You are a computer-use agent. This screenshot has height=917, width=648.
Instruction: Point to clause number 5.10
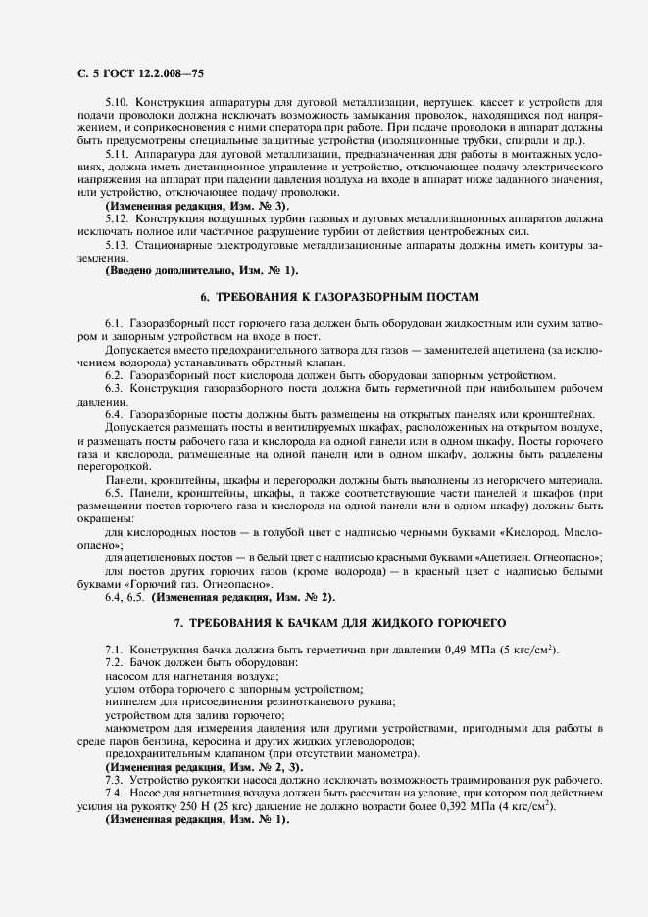click(x=117, y=102)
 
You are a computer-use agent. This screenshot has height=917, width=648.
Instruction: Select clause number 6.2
click(x=114, y=375)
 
